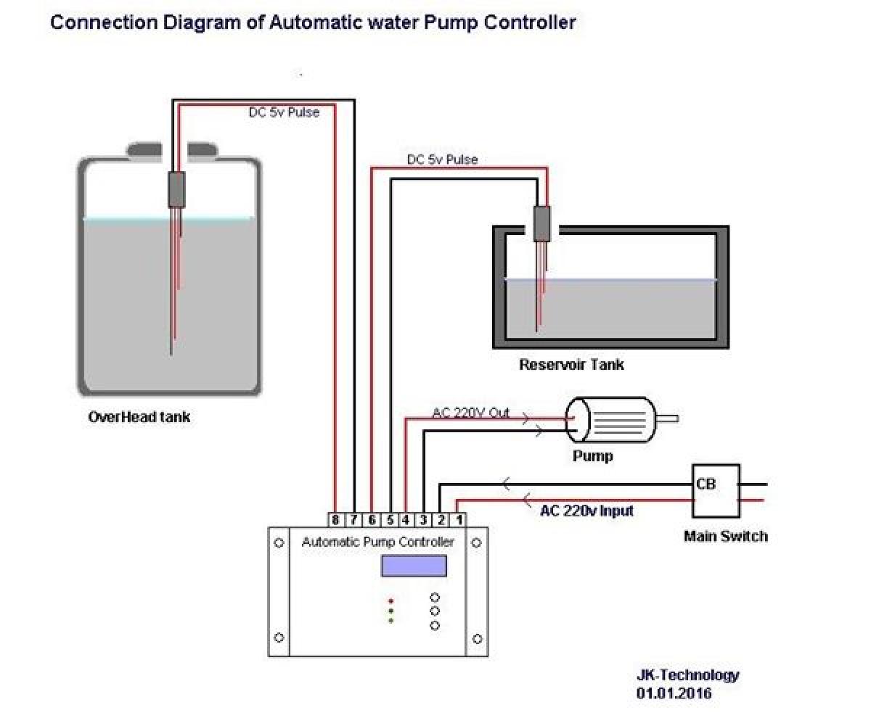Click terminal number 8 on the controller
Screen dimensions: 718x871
[x=335, y=520]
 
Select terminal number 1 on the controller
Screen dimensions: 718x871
[x=459, y=520]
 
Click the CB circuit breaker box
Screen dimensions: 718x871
[x=716, y=490]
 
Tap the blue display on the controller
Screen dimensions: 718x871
[x=414, y=566]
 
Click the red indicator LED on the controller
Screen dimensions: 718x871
[x=390, y=601]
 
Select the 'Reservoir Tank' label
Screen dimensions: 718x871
[x=571, y=364]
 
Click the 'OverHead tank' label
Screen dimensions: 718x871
[x=139, y=417]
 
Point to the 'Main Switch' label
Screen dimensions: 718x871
[x=725, y=537]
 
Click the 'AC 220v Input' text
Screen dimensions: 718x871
[x=586, y=511]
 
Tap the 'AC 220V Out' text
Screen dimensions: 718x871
[x=471, y=413]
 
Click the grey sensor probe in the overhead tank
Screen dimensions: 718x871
[x=176, y=189]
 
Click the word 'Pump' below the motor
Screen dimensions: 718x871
[x=592, y=456]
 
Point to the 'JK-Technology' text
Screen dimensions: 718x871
[x=687, y=675]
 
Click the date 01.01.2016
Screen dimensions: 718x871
[x=674, y=693]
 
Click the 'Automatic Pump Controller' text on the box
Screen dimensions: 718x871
[x=378, y=542]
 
